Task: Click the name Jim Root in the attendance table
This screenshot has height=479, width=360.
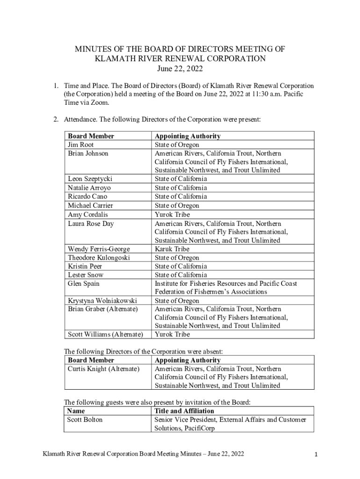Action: point(81,145)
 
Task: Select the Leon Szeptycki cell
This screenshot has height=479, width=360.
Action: point(90,179)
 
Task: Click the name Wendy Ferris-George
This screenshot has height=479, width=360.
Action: point(99,249)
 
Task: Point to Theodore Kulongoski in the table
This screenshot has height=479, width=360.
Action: point(99,258)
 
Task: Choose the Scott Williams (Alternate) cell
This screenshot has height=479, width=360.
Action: point(105,334)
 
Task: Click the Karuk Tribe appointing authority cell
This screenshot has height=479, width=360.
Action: point(172,249)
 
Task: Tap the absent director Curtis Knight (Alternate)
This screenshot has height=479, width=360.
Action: point(104,369)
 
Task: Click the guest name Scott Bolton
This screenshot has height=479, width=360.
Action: point(85,420)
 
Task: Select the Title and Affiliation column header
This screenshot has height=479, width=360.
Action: point(184,411)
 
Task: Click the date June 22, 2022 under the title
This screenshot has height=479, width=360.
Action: point(180,70)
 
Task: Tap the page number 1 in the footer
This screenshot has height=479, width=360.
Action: point(317,454)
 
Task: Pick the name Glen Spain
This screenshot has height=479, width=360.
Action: point(84,283)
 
